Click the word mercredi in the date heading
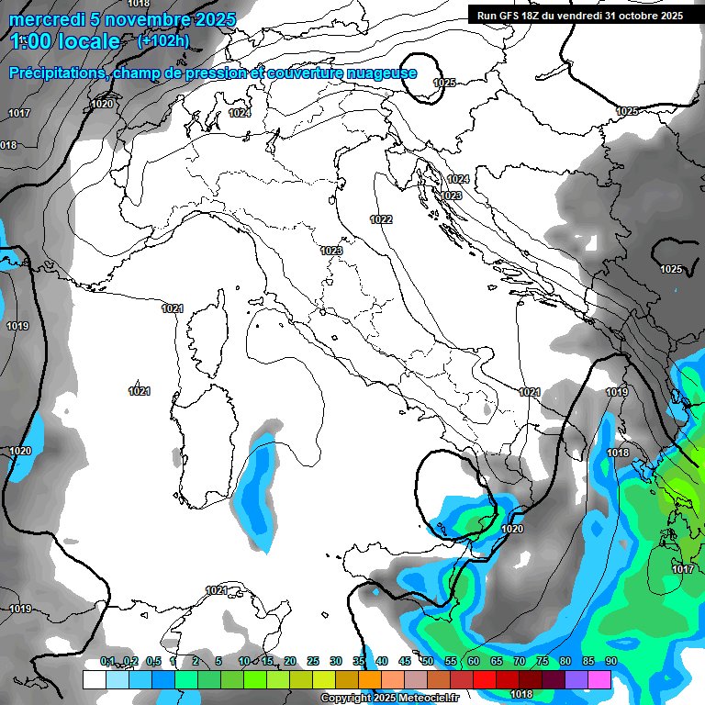tap(43, 19)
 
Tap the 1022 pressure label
tap(381, 219)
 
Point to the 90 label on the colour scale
tap(610, 662)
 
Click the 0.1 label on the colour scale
tap(107, 662)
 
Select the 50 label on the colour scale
tap(428, 662)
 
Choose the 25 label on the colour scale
tap(313, 662)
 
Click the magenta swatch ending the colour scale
tap(599, 679)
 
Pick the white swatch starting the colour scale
tap(94, 679)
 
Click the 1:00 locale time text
tap(66, 42)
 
